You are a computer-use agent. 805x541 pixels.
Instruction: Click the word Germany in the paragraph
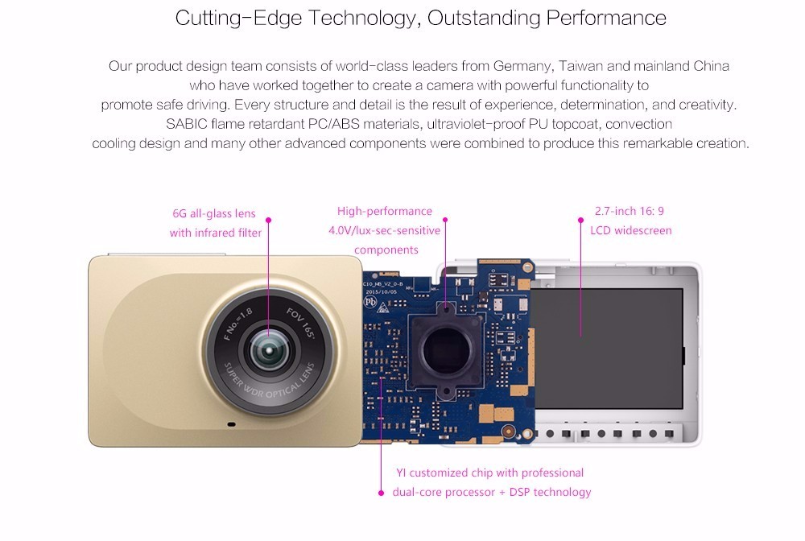point(522,67)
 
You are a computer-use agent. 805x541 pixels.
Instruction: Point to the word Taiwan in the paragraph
point(580,66)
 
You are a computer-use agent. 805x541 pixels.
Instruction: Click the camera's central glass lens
point(269,351)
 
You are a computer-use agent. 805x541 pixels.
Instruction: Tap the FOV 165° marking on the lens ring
point(301,323)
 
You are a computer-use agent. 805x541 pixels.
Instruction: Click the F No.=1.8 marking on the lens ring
point(238,324)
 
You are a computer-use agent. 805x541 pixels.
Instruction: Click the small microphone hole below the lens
point(232,424)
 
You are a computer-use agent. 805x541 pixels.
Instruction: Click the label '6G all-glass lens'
point(214,213)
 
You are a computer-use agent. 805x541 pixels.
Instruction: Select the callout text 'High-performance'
point(385,212)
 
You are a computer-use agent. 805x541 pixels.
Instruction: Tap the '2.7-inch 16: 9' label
point(629,211)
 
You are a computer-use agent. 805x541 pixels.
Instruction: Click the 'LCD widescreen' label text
point(630,230)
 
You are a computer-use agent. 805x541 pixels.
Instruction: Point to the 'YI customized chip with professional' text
point(489,473)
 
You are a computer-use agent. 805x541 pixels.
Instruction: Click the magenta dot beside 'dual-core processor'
point(381,493)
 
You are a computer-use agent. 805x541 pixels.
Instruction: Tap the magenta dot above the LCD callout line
point(580,221)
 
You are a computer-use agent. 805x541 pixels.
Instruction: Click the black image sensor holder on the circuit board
point(446,351)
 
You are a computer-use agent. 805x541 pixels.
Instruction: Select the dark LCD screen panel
point(607,349)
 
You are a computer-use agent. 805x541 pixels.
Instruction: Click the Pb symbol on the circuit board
point(370,302)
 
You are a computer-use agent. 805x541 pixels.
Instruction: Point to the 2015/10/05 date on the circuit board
point(381,291)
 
